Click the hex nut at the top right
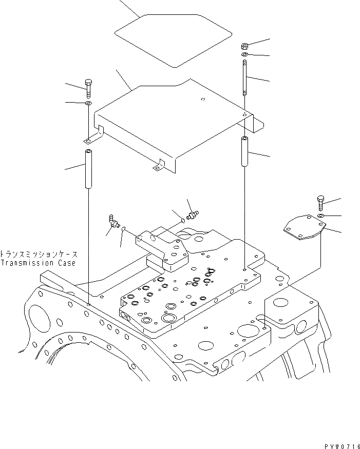coord(245,46)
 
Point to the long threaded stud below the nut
coord(245,77)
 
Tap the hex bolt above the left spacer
coord(88,88)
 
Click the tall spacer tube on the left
coord(88,168)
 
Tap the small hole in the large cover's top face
coord(203,100)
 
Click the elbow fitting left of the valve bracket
coord(112,221)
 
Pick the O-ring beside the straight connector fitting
coord(183,221)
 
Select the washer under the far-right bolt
coord(320,217)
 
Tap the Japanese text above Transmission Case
coord(39,254)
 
